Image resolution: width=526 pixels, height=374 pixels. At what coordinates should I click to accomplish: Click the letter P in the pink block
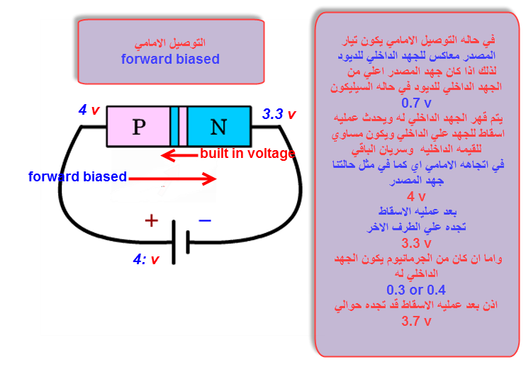click(x=138, y=127)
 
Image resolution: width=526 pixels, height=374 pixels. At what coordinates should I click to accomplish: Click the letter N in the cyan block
click(x=218, y=127)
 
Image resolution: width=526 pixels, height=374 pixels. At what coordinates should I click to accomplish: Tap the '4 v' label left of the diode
click(x=89, y=110)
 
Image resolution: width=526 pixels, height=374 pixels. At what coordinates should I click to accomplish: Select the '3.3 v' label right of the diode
click(x=279, y=114)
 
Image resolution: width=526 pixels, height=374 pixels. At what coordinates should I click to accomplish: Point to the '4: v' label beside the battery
click(x=146, y=259)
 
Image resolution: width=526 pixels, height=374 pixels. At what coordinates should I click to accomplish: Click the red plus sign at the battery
click(x=151, y=220)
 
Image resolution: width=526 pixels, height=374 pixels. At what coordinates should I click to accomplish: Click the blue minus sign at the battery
click(x=205, y=220)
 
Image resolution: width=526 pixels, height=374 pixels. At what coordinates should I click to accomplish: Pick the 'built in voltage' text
click(x=247, y=154)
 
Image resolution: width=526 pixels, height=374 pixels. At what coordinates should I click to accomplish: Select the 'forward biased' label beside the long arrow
click(x=78, y=176)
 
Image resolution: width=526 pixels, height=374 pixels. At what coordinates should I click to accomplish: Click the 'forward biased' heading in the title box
click(x=170, y=59)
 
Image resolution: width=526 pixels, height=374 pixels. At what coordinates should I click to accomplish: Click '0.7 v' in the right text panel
click(x=417, y=102)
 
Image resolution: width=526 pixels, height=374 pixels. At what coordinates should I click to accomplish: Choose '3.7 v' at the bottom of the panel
click(x=416, y=321)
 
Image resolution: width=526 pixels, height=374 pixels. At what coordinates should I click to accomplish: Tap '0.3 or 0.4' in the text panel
click(x=416, y=290)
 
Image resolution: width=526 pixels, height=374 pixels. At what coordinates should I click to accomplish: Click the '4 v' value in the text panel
click(x=416, y=196)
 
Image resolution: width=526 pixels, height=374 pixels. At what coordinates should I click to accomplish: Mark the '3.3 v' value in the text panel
click(x=416, y=243)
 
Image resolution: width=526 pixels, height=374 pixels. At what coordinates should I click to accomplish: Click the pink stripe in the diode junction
click(x=183, y=127)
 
